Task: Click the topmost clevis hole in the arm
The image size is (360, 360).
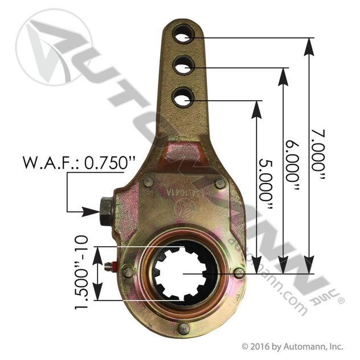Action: tap(183, 34)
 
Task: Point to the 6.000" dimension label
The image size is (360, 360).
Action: tap(293, 166)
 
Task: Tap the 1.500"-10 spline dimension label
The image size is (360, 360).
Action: tap(81, 272)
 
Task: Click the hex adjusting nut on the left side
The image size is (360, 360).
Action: tap(106, 211)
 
